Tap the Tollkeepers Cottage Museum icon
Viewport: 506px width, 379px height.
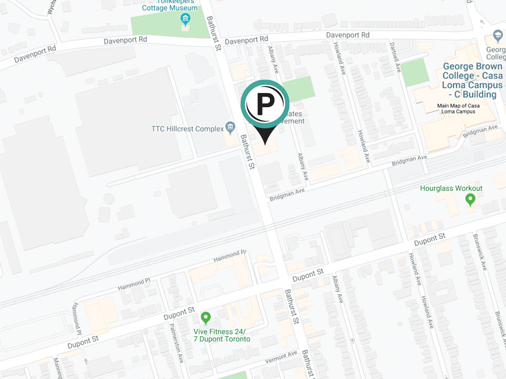click(x=185, y=19)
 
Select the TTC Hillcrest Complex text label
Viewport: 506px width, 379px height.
click(x=188, y=129)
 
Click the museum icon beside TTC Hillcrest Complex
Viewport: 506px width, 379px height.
click(x=230, y=127)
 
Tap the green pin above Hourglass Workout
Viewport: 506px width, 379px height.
click(x=470, y=199)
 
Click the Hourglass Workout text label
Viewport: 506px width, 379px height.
click(x=451, y=188)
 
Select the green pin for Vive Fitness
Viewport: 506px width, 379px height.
click(x=206, y=318)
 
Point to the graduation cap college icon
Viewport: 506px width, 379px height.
click(x=497, y=36)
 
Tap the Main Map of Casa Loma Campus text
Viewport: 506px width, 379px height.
click(x=458, y=108)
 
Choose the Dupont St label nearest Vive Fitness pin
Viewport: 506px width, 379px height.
click(x=179, y=314)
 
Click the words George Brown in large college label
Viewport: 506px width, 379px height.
click(x=473, y=66)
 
